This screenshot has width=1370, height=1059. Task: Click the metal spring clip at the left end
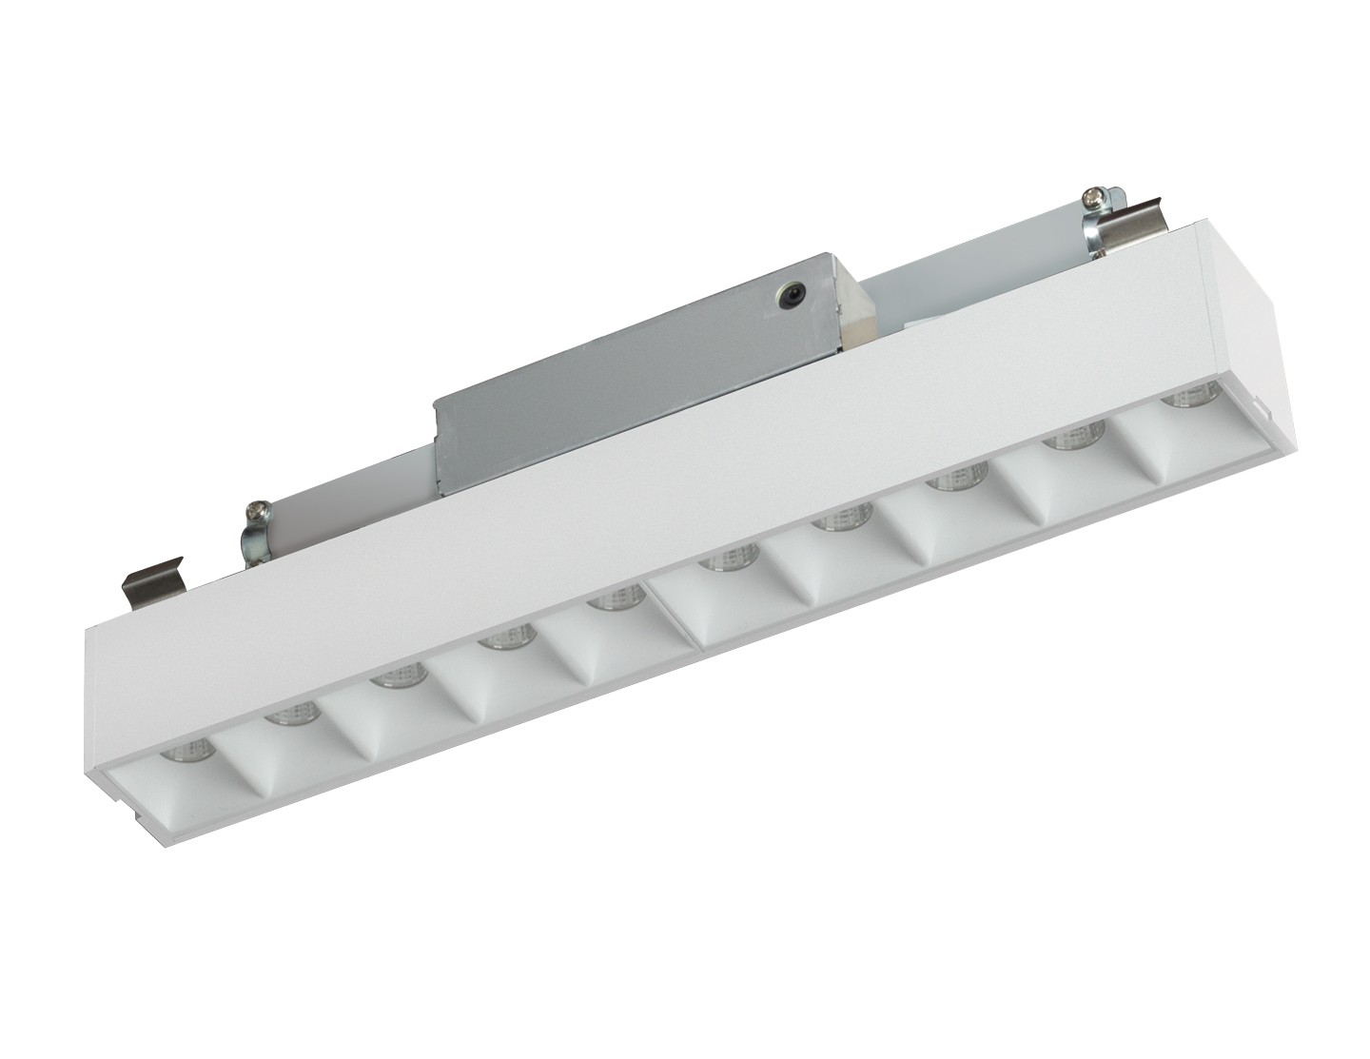[155, 581]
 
